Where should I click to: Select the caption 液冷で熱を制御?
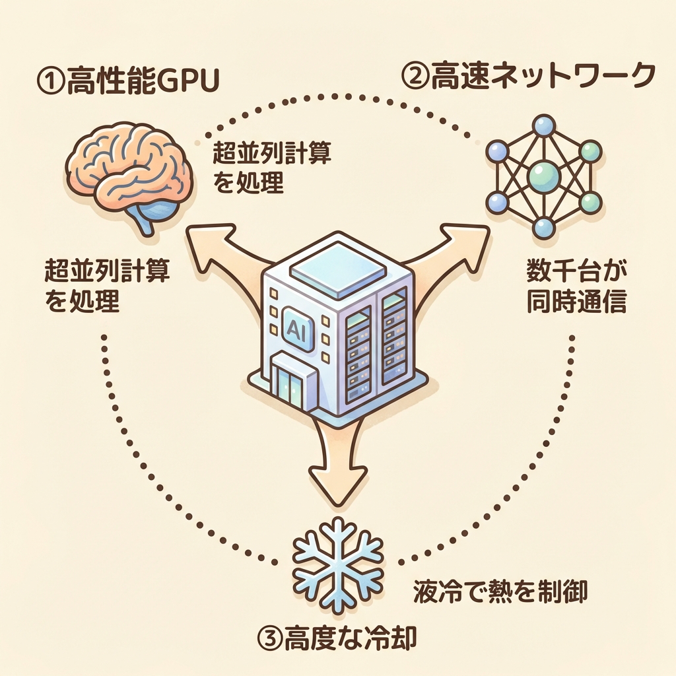click(500, 590)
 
